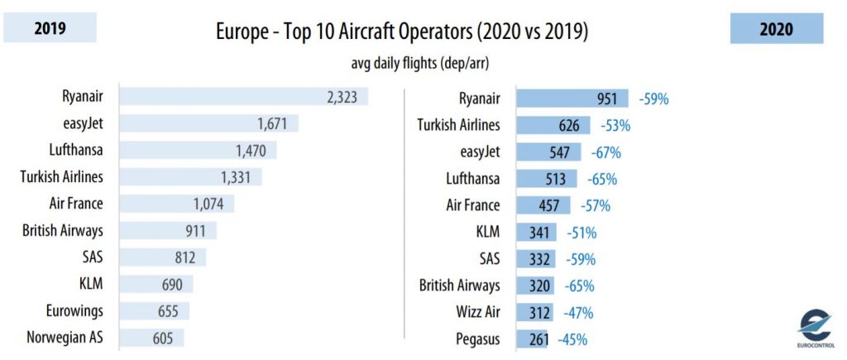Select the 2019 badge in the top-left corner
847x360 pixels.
(50, 29)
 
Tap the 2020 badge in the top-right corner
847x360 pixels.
(776, 30)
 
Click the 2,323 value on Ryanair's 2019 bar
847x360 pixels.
(345, 98)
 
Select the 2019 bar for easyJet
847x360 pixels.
(208, 124)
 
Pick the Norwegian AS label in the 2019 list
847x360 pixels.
(65, 338)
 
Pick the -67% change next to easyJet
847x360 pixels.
(606, 152)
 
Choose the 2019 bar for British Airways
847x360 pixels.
(168, 230)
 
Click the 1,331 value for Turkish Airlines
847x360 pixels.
(240, 177)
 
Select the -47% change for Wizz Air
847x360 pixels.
(578, 313)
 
